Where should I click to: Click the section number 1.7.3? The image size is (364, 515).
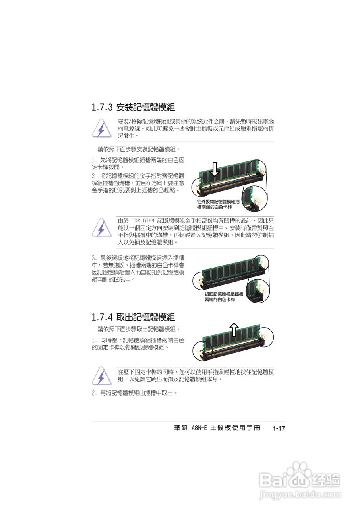click(102, 107)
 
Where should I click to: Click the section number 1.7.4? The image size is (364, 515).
click(102, 317)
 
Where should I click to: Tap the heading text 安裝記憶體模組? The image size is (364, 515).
click(145, 107)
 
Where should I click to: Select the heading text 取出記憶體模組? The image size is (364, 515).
click(145, 317)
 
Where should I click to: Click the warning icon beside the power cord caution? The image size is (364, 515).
click(101, 129)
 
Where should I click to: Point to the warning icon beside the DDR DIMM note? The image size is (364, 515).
click(101, 228)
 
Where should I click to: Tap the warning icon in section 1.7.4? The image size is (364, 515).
click(101, 376)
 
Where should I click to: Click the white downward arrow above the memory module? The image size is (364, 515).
click(215, 169)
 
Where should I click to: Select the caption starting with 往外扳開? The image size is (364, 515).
click(218, 204)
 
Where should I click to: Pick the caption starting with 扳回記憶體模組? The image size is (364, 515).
click(224, 297)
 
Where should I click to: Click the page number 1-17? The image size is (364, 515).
click(278, 428)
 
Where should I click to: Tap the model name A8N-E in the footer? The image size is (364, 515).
click(199, 428)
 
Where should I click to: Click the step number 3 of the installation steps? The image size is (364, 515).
click(93, 258)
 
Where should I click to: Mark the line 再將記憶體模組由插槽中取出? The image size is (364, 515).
click(137, 393)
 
